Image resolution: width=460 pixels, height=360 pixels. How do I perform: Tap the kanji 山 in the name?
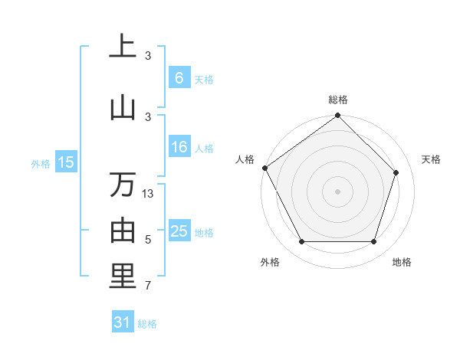click(123, 106)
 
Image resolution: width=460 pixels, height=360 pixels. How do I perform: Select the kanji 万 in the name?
click(123, 185)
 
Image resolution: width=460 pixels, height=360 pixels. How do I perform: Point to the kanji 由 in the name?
click(123, 229)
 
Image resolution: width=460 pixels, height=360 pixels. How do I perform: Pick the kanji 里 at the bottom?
click(123, 276)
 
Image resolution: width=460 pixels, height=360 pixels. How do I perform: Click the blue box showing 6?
click(179, 77)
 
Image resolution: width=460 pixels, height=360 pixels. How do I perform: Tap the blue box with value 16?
click(179, 147)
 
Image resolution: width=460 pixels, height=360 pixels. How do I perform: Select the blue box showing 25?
click(179, 231)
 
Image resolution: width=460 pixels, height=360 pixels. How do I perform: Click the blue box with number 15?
click(66, 162)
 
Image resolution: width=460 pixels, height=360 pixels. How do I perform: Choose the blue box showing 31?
click(123, 322)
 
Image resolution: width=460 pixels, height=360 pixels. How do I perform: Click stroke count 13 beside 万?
click(148, 194)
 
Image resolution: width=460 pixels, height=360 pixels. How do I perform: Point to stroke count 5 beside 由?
click(148, 240)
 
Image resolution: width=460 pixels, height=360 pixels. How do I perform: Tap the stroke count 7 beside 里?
click(148, 286)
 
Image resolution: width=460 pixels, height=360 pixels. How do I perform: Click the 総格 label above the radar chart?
click(337, 100)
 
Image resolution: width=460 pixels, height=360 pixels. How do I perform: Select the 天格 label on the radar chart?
click(432, 159)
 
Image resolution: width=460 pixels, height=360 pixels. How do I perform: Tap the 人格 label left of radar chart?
click(245, 159)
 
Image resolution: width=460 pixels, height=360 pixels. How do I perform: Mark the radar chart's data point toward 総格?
click(337, 116)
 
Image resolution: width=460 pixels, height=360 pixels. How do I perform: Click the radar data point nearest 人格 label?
click(265, 168)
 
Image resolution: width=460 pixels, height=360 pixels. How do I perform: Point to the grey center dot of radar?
click(337, 191)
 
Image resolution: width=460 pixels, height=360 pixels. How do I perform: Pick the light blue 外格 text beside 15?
click(40, 162)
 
